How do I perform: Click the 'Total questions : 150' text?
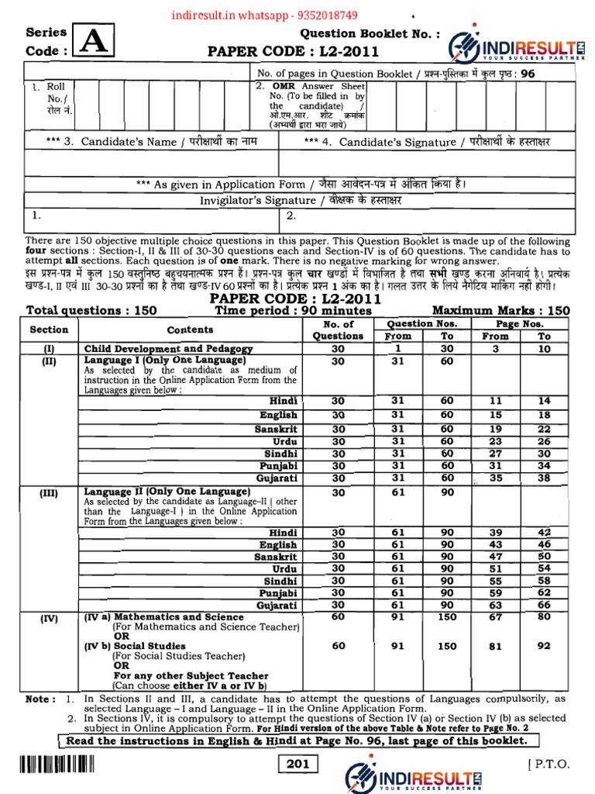tap(91, 311)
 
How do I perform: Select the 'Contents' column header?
tap(190, 330)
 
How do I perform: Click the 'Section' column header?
tap(49, 330)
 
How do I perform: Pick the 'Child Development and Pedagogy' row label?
tap(168, 349)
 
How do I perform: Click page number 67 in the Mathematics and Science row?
tap(495, 616)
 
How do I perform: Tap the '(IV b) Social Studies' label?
tap(135, 646)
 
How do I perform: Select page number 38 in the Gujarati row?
tap(544, 478)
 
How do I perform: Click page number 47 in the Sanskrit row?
tap(495, 557)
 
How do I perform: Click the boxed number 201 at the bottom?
tap(297, 765)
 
